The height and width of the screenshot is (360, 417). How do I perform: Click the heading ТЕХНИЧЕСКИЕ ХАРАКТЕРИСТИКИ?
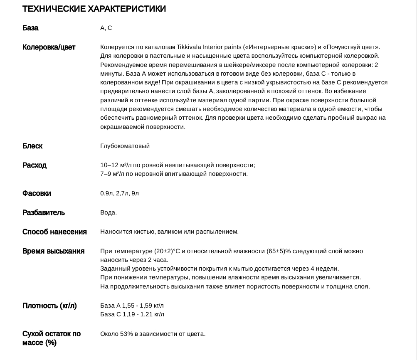coord(94,9)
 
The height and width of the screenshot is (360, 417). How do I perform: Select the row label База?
coord(30,28)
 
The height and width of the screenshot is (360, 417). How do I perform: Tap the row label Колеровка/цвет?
coord(49,47)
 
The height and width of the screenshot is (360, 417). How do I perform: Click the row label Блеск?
coord(32,146)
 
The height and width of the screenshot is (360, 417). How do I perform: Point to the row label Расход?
coord(35,165)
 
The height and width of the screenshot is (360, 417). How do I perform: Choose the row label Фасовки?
coord(37,193)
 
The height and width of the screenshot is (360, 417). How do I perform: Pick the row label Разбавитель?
coord(44,212)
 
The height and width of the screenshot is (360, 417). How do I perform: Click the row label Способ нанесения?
coord(54,232)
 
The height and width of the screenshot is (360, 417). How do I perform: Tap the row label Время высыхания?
coord(53,251)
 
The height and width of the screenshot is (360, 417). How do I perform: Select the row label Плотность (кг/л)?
coord(49,306)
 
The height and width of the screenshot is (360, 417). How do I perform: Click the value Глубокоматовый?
coord(125,146)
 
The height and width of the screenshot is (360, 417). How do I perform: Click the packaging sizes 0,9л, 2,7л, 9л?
coord(119,193)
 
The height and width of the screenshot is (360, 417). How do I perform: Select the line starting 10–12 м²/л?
coord(178,165)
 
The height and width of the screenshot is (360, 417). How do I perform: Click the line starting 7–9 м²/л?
coord(174,174)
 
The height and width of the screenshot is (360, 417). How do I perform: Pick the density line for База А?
coord(132,306)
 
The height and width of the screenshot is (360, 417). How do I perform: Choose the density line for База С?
coord(132,314)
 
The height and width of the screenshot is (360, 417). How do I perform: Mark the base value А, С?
coord(106,28)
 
